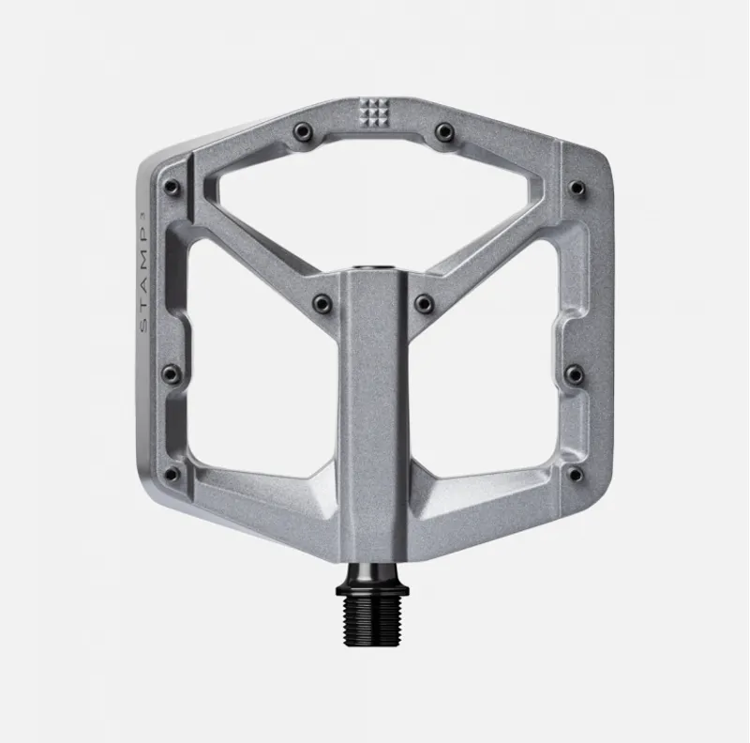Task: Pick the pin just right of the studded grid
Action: click(x=445, y=132)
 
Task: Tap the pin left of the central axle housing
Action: click(x=322, y=303)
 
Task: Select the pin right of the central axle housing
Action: click(x=425, y=303)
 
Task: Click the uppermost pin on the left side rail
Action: click(x=172, y=188)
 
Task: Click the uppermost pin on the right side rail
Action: click(x=577, y=188)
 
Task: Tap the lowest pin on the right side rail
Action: click(x=576, y=474)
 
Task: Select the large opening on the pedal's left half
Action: click(x=258, y=375)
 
